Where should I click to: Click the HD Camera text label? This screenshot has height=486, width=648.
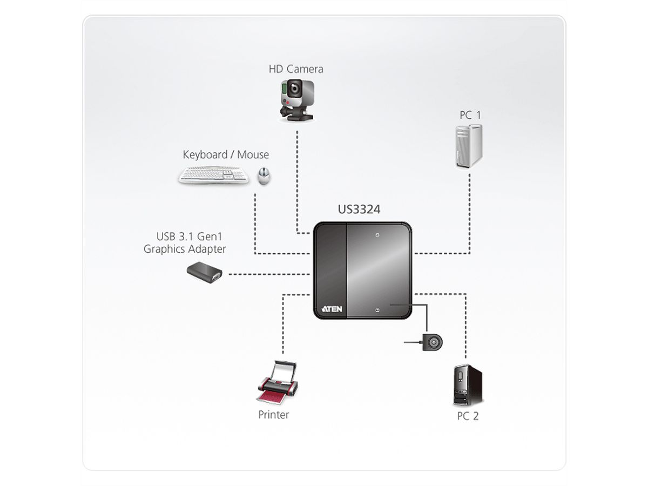[296, 69]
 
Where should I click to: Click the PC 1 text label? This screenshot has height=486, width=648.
[470, 114]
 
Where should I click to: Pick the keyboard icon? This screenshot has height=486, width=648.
[214, 175]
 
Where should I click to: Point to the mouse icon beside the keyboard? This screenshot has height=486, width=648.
[264, 175]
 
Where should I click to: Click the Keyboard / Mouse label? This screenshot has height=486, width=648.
[226, 155]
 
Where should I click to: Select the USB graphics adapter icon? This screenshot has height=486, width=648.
[205, 272]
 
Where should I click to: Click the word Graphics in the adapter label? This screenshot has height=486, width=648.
[165, 249]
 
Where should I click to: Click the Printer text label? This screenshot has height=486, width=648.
[273, 415]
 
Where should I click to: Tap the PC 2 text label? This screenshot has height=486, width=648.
[468, 416]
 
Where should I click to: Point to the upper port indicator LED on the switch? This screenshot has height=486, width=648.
[377, 235]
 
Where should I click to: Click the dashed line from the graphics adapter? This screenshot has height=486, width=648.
[270, 274]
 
